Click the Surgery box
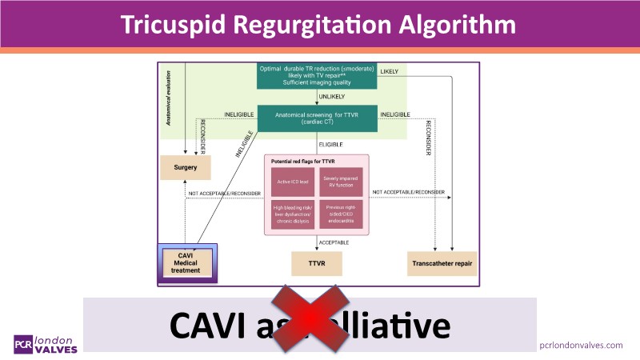pyautogui.click(x=186, y=167)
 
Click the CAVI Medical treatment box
pyautogui.click(x=190, y=262)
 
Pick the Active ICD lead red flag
pyautogui.click(x=290, y=181)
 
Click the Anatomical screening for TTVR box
pyautogui.click(x=318, y=118)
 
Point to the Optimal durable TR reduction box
pyautogui.click(x=318, y=76)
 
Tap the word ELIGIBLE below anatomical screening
pyautogui.click(x=330, y=145)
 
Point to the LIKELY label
pyautogui.click(x=389, y=71)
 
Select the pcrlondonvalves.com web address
pyautogui.click(x=581, y=344)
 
